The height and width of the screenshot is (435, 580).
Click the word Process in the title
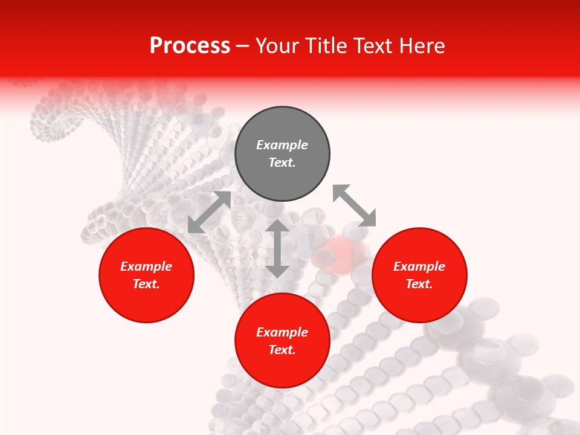click(x=190, y=46)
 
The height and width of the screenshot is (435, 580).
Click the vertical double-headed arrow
click(x=277, y=248)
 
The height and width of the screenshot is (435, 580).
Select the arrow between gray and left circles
click(x=209, y=212)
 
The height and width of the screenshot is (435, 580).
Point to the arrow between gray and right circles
click(x=354, y=205)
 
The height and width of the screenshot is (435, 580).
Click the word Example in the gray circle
click(x=282, y=145)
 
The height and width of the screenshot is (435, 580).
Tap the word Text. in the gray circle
click(x=282, y=163)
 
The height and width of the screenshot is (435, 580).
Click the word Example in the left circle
click(x=146, y=266)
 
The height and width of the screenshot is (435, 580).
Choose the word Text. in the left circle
click(x=146, y=284)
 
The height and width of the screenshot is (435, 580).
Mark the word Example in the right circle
click(x=419, y=266)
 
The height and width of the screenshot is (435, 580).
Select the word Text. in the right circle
click(x=419, y=284)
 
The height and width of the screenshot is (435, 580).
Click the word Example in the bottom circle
click(x=282, y=332)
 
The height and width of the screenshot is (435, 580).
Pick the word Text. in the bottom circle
click(x=282, y=350)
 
